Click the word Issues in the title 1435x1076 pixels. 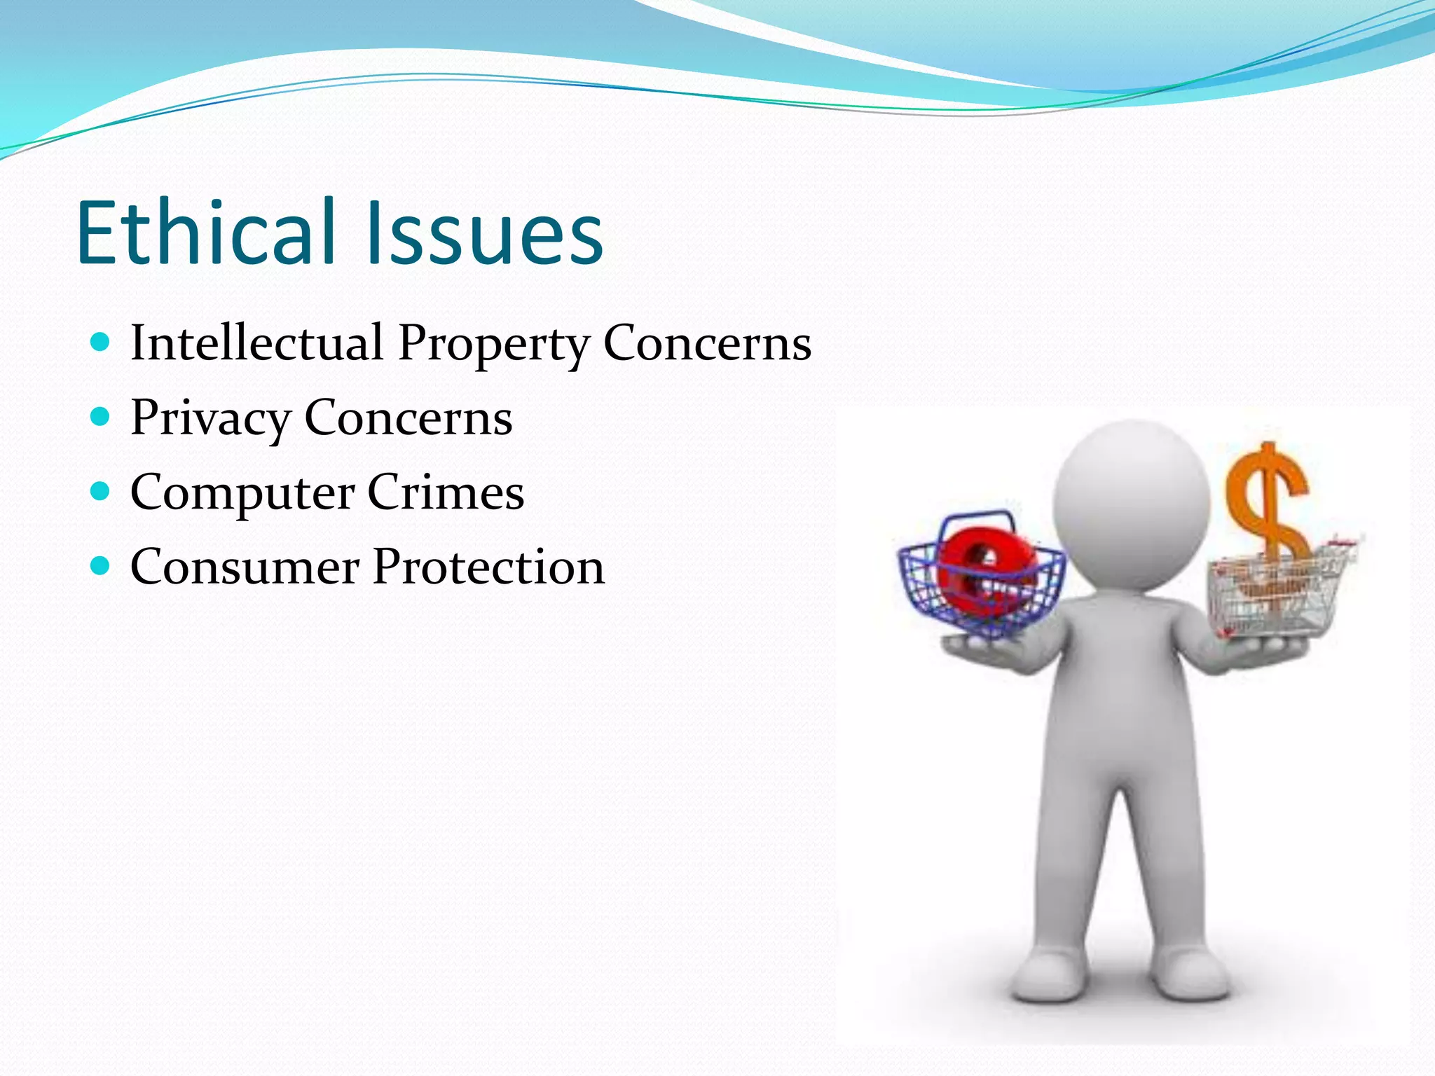tap(483, 233)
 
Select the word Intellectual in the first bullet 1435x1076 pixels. tap(256, 343)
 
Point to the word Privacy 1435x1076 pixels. tap(210, 419)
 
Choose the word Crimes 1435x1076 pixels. tap(446, 492)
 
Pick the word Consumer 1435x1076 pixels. tap(245, 567)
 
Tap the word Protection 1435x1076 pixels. tap(488, 567)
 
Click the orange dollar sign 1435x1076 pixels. tap(1267, 501)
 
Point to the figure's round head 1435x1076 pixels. tap(1131, 501)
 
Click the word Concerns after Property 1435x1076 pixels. tap(707, 343)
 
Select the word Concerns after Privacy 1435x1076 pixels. tap(408, 419)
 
